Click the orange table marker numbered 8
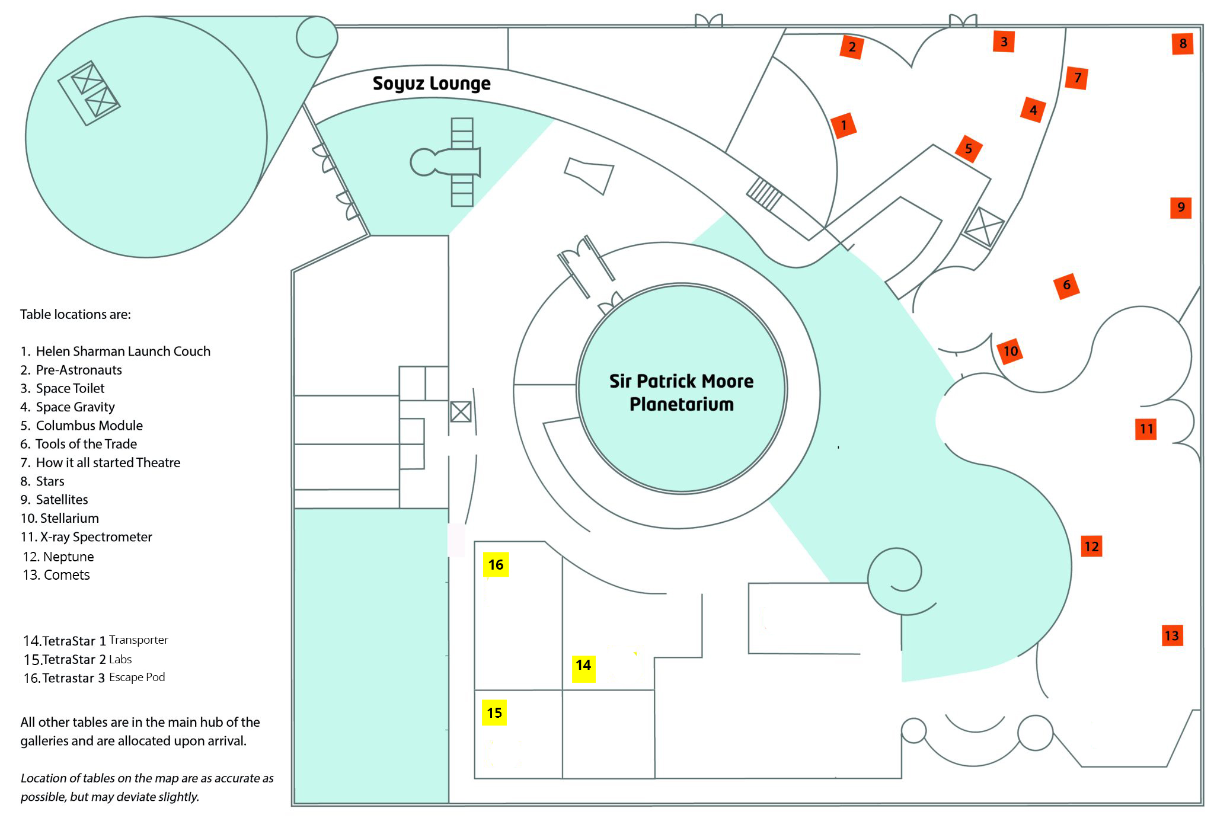[x=1183, y=44]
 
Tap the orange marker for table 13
[x=1171, y=636]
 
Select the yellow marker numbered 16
[x=496, y=565]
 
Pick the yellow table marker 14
[x=583, y=666]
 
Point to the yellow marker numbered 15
[x=494, y=713]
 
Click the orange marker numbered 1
[x=844, y=126]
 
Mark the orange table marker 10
[x=1010, y=351]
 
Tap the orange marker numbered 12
[x=1091, y=546]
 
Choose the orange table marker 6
[x=1066, y=285]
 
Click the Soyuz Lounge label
[x=432, y=84]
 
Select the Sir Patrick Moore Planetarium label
[x=681, y=392]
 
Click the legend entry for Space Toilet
[x=70, y=388]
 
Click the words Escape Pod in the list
[x=137, y=677]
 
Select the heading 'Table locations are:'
[x=75, y=314]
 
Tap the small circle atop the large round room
[x=317, y=37]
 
